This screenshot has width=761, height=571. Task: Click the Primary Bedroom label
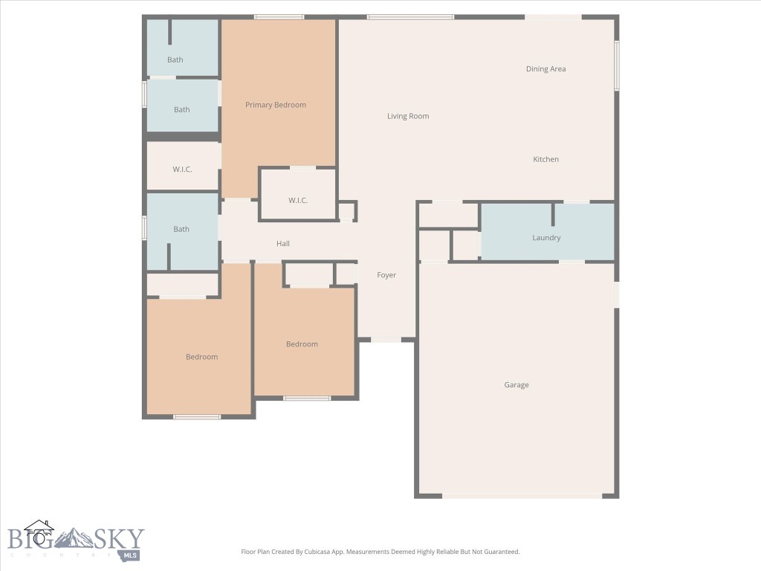coord(275,105)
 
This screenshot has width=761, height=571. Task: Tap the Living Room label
coord(408,116)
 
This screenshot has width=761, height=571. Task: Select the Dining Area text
coord(545,69)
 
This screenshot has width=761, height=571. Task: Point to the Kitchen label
coord(545,159)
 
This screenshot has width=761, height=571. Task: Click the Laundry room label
coord(546,237)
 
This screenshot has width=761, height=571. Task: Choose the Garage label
coord(516,385)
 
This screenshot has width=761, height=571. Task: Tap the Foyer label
coord(386,275)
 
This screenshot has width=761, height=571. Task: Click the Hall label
coord(283,244)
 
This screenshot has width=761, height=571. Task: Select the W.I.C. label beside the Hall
coord(298,201)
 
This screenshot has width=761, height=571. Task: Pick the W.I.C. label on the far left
coord(183,170)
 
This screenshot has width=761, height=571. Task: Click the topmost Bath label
coord(175,59)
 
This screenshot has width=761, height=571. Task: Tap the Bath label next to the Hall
coord(181,229)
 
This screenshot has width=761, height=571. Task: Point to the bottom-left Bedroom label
coord(202,357)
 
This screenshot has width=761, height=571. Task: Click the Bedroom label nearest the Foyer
coord(302,344)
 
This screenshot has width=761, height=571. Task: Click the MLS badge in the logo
coord(130,555)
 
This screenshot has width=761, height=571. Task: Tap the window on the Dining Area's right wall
coord(617,65)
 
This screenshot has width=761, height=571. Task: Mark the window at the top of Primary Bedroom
coord(279,17)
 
